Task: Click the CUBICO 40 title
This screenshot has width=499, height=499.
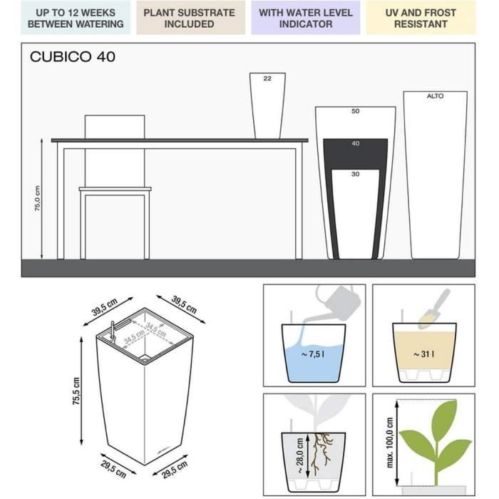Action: point(73,57)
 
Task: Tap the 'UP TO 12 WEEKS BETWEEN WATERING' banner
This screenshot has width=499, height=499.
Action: point(76,18)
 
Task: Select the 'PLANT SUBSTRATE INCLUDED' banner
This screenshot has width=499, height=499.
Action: point(190,18)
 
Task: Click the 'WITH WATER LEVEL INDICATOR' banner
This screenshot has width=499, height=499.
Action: point(306,18)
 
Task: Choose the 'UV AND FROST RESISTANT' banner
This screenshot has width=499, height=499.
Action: point(421,18)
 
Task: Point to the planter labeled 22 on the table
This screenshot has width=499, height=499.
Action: point(267,106)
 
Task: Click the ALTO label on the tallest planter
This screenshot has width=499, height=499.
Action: point(435,96)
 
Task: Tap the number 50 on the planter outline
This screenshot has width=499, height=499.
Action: point(356,111)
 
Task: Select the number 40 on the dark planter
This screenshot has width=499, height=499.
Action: point(356,143)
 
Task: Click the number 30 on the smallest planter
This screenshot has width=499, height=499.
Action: point(356,174)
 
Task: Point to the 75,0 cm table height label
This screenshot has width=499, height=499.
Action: point(38,199)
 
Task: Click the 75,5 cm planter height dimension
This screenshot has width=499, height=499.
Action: point(76,391)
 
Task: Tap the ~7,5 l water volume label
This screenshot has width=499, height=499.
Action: point(313,354)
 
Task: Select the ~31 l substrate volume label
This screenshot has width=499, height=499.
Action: point(424,354)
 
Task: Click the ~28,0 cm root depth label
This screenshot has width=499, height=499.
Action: point(300,456)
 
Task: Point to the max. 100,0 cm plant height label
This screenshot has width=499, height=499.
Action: point(389,443)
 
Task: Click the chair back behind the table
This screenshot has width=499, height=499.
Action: point(115,127)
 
